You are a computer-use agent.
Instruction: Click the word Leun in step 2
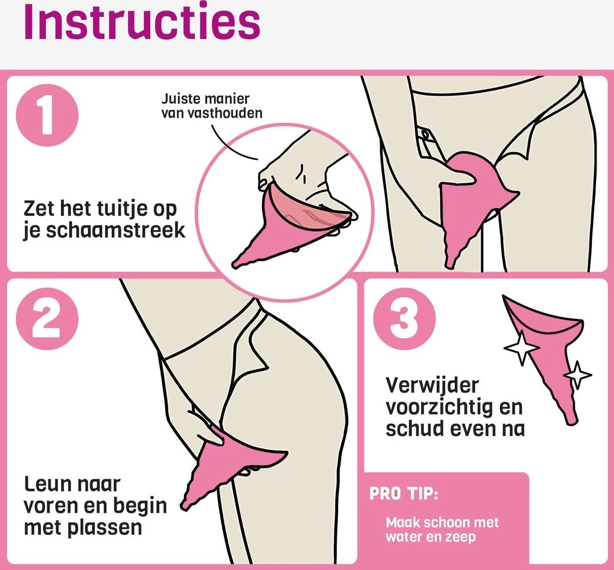46,484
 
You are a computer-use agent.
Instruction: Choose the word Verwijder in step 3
432,385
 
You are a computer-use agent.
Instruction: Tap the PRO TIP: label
404,494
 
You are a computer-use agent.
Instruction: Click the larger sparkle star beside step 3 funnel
521,348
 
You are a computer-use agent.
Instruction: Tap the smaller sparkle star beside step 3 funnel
577,375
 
